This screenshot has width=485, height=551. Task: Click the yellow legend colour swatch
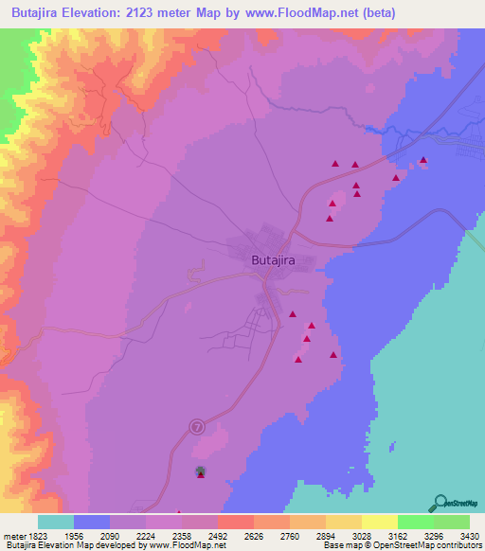[379, 522]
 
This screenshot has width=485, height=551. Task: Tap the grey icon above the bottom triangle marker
[200, 470]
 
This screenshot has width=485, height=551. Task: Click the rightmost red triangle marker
[423, 159]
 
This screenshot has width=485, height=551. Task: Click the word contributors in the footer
[458, 546]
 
